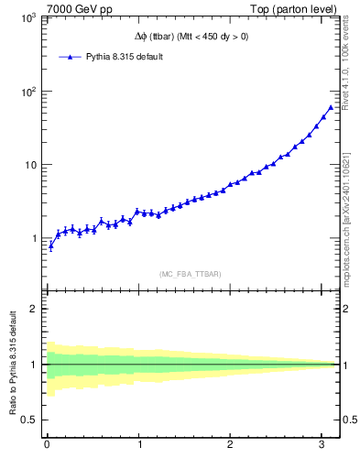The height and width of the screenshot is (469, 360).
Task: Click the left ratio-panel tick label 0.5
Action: click(27, 420)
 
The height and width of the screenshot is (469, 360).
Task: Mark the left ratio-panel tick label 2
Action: click(31, 309)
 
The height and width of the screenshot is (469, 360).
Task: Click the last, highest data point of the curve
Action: click(331, 107)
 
